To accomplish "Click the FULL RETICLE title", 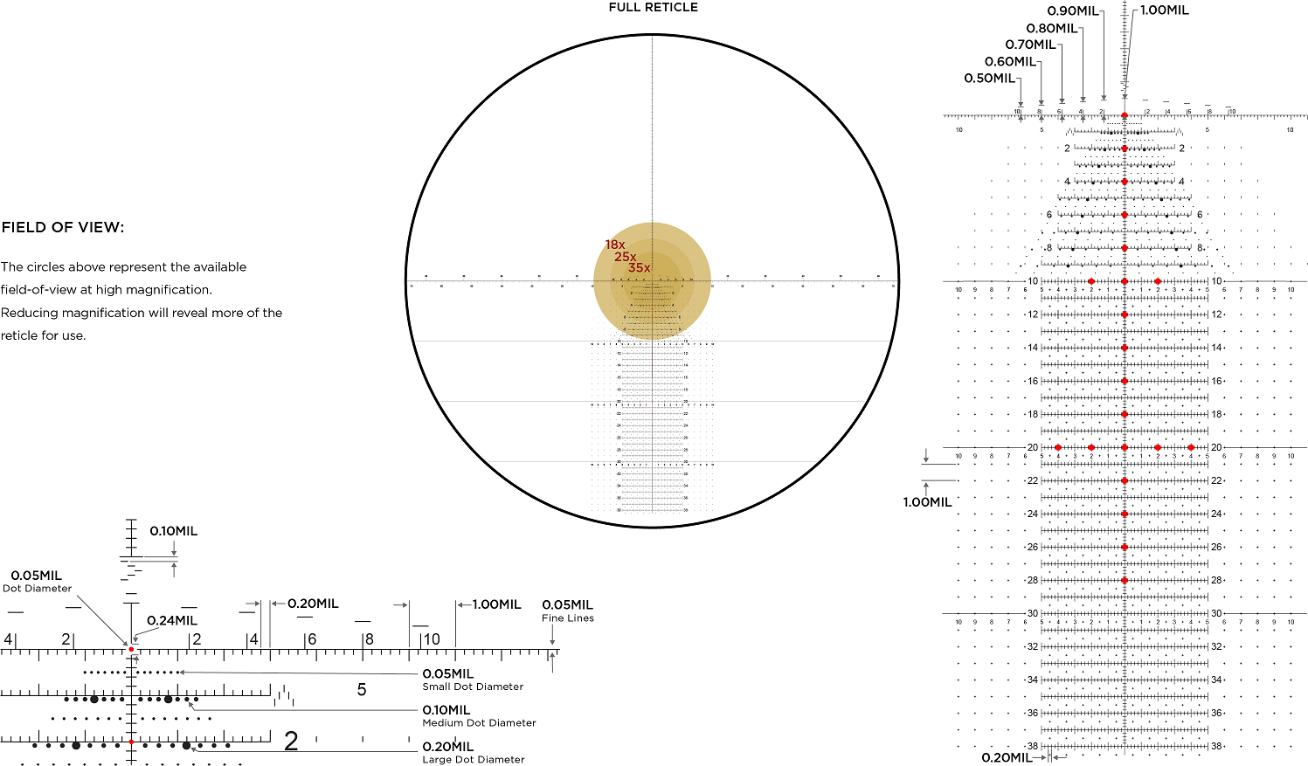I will click(653, 8).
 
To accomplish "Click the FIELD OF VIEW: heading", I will click(63, 228).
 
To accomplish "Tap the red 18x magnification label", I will click(615, 245).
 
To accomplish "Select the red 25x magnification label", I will click(625, 257).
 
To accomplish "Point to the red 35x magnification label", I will click(639, 268).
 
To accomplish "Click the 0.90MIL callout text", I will click(1073, 11).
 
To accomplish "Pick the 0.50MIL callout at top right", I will click(989, 79).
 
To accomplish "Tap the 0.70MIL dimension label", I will click(1030, 45).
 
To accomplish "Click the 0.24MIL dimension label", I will click(171, 621).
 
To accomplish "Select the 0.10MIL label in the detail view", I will click(173, 531).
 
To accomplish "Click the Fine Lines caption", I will click(567, 618).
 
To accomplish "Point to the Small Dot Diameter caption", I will click(473, 687).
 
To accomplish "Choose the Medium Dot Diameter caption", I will click(479, 723).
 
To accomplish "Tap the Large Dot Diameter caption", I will click(474, 760).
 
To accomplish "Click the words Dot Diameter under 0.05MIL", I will click(37, 589).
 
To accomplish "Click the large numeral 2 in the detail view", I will click(291, 742).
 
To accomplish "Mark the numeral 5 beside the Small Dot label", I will click(362, 690).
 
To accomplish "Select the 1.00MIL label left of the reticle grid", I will click(927, 502).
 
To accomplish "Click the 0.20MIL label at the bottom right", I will click(1007, 757).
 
